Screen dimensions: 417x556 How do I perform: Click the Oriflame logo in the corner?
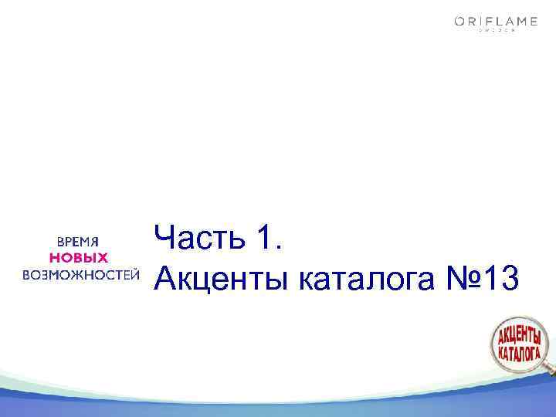pyautogui.click(x=496, y=23)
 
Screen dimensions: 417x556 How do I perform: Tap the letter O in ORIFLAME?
pyautogui.click(x=459, y=22)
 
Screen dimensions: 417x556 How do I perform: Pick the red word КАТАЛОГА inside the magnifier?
pyautogui.click(x=518, y=353)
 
